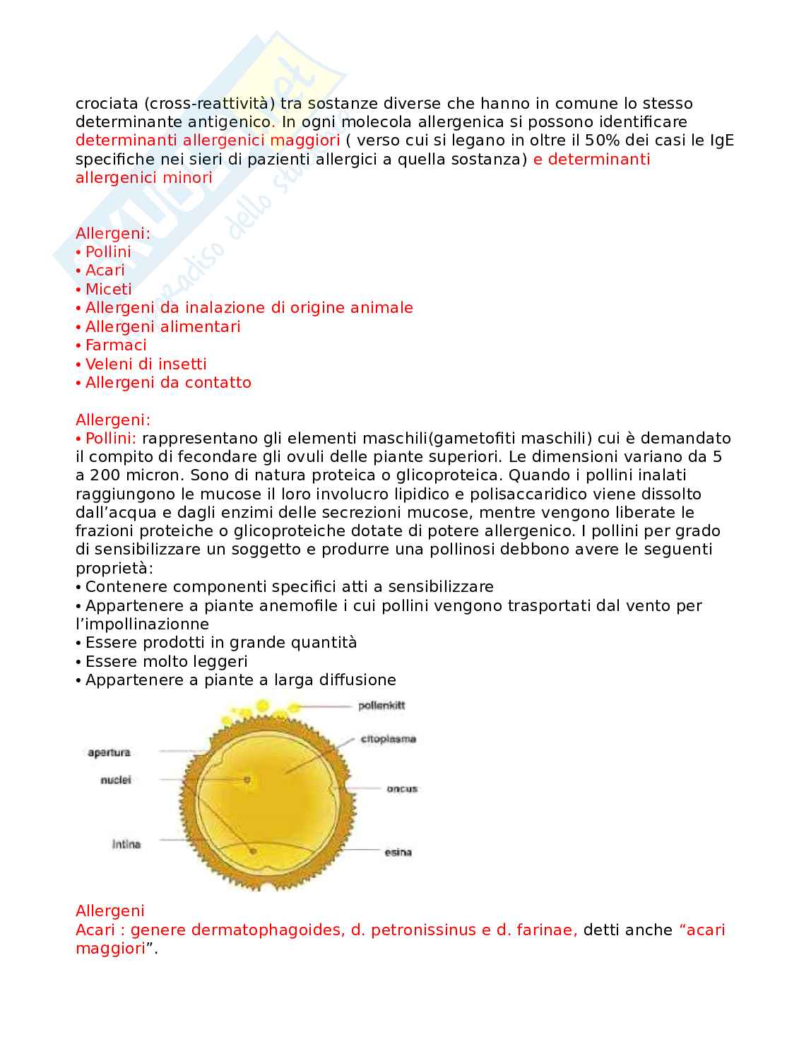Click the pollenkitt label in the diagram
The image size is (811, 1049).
(x=381, y=706)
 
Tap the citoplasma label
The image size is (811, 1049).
(x=388, y=740)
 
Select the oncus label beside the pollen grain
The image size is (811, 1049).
(x=401, y=789)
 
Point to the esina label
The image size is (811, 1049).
(x=398, y=853)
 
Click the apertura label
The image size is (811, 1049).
(x=109, y=752)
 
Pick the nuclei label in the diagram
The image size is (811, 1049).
(x=116, y=781)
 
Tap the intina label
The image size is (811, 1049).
(x=126, y=844)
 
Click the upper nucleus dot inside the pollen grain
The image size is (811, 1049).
(x=247, y=780)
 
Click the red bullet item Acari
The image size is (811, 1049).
(x=105, y=271)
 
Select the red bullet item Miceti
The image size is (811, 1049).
(x=108, y=289)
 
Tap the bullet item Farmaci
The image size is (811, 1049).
(x=116, y=345)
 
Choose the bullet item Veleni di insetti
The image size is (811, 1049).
(x=146, y=364)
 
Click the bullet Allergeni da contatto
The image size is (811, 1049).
(x=168, y=383)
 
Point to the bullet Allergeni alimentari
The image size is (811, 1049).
(x=162, y=326)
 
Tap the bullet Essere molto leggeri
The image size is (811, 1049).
(x=166, y=662)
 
